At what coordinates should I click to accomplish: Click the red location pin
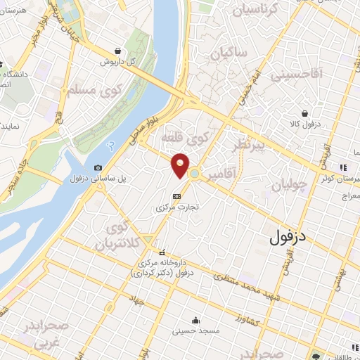click(180, 164)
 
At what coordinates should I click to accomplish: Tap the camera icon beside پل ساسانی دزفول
click(98, 167)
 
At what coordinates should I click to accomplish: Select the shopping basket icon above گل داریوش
click(124, 51)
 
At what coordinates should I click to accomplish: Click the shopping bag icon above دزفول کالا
click(304, 113)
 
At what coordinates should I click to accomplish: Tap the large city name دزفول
click(289, 236)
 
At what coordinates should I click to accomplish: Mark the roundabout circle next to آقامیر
click(193, 173)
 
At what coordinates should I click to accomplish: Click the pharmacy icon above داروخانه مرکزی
click(163, 252)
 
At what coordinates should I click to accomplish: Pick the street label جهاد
click(135, 300)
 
